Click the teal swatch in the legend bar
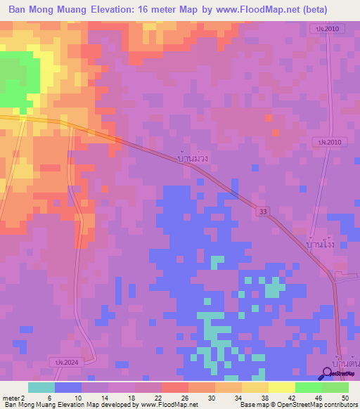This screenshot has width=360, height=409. (x=41, y=387)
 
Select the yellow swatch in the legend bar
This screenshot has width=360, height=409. (x=281, y=387)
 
